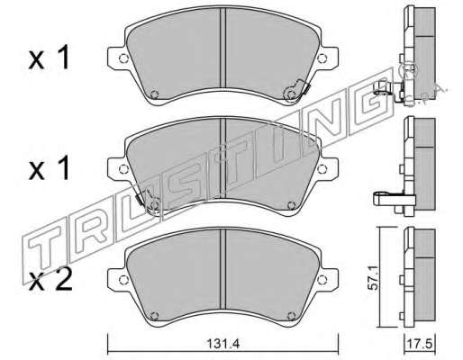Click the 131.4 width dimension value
tap(223, 344)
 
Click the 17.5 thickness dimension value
tap(420, 344)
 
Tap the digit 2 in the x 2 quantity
tap(64, 280)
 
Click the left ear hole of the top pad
tap(123, 58)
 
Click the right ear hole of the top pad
tap(322, 58)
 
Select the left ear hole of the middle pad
tap(123, 169)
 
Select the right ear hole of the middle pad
tap(322, 169)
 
